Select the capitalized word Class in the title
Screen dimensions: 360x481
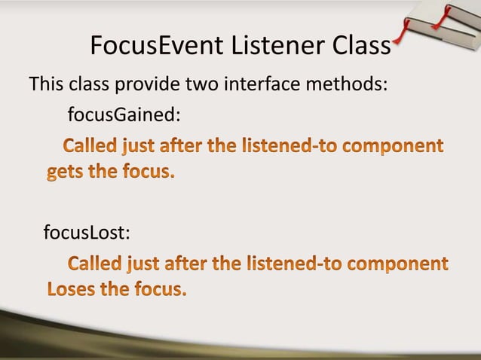coord(361,47)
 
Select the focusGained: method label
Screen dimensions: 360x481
coord(124,115)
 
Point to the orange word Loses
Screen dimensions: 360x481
coord(72,289)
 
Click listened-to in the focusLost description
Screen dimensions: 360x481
coord(291,265)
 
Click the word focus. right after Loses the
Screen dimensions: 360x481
coord(155,289)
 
